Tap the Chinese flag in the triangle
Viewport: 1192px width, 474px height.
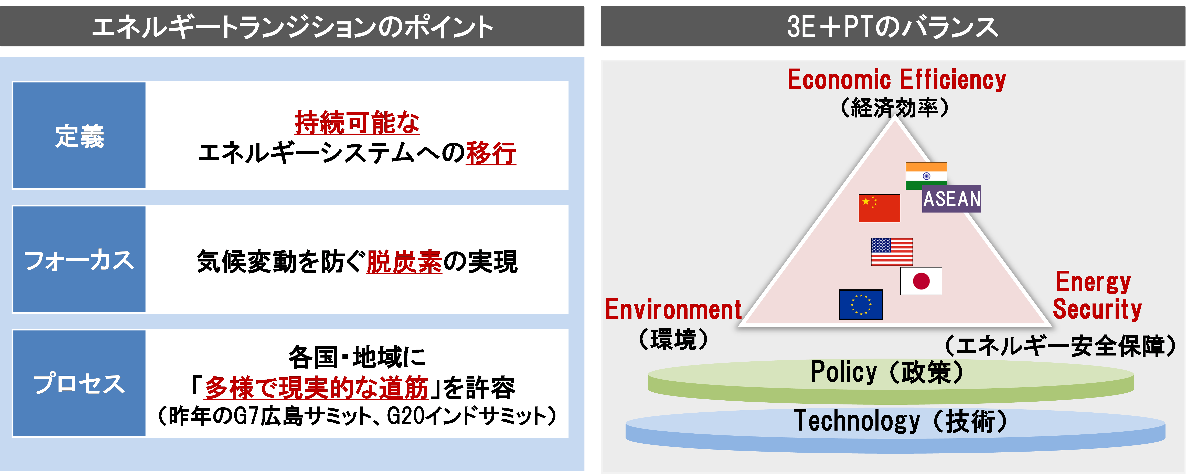point(879,208)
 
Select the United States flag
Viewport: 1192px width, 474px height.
point(892,252)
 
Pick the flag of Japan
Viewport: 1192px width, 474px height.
point(921,281)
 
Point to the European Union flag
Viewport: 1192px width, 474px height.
point(861,305)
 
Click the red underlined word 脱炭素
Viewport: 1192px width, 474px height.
point(404,262)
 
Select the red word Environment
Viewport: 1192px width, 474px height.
point(673,309)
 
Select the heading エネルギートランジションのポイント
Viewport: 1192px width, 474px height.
point(292,27)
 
